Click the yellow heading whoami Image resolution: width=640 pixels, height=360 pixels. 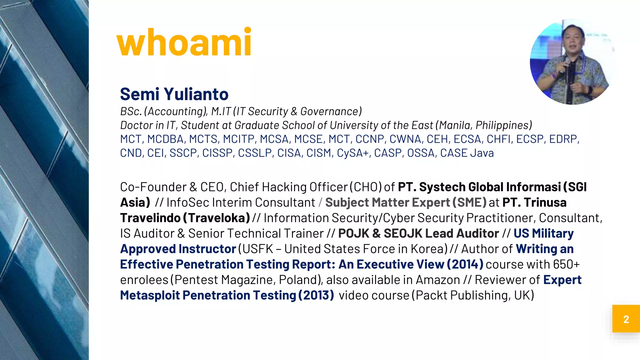pos(184,42)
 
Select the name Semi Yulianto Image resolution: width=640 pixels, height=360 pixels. pos(174,94)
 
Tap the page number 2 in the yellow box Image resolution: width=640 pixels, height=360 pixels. pos(626,319)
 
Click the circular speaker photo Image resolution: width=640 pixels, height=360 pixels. pos(572,62)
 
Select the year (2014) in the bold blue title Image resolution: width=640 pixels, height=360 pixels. pos(465,264)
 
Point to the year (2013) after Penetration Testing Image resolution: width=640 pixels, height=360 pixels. pos(316,295)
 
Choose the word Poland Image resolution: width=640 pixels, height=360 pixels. pos(298,280)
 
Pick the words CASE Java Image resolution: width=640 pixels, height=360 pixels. pos(467,153)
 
